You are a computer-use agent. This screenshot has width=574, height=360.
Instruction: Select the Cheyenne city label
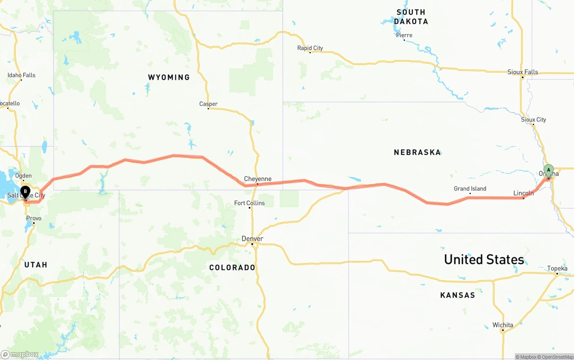click(x=257, y=179)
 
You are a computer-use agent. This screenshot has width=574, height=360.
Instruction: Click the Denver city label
click(x=252, y=239)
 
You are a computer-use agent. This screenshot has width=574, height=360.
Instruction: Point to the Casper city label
click(x=208, y=104)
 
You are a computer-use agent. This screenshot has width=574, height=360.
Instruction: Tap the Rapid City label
click(x=310, y=48)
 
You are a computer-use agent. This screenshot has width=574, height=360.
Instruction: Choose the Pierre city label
click(x=404, y=35)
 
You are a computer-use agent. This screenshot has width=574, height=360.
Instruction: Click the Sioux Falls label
click(x=522, y=72)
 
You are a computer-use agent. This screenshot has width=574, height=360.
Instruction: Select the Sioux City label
click(x=533, y=120)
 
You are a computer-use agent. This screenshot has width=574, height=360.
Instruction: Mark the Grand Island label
click(x=470, y=189)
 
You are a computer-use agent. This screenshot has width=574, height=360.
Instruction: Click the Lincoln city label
click(x=523, y=193)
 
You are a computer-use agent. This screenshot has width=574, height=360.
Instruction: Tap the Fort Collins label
click(x=249, y=203)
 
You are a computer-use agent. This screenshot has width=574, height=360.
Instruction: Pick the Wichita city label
click(x=502, y=325)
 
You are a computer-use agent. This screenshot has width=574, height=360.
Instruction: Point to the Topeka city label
click(x=557, y=269)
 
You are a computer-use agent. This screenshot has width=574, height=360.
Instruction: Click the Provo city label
click(x=34, y=218)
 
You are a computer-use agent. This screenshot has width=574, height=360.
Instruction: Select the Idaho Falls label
click(x=21, y=75)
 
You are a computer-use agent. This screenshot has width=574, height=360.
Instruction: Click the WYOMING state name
click(x=169, y=78)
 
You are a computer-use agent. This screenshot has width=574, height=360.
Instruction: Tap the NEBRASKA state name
click(x=417, y=152)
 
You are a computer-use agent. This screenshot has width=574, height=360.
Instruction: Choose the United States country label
click(x=484, y=259)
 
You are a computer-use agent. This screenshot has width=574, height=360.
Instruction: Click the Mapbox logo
click(x=20, y=354)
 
